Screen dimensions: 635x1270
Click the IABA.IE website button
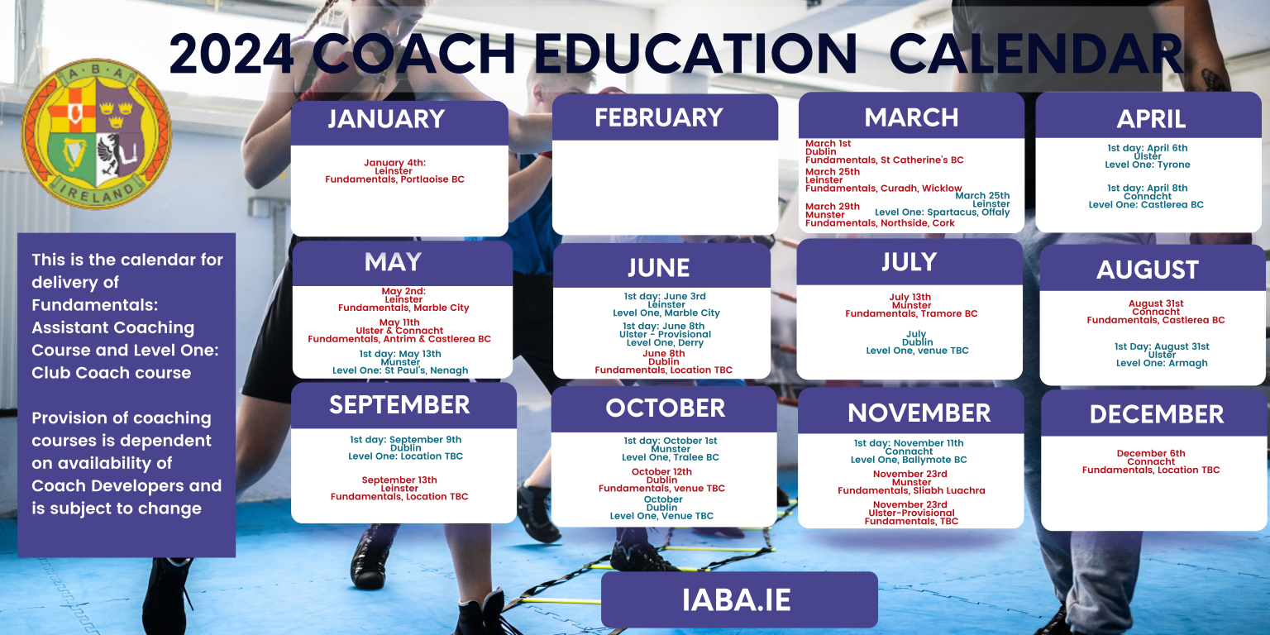(x=738, y=600)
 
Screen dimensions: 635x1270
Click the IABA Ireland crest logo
(x=97, y=146)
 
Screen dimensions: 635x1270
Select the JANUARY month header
(x=386, y=119)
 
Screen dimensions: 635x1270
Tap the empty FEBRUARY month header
(x=658, y=117)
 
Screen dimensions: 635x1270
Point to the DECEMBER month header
(x=1156, y=414)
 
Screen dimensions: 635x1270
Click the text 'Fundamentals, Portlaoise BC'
(x=394, y=179)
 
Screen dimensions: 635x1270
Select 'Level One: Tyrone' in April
(x=1148, y=165)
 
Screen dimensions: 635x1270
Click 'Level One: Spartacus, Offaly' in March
(x=942, y=212)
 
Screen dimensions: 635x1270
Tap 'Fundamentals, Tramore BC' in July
(x=911, y=313)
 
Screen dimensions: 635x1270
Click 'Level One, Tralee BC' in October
(x=670, y=457)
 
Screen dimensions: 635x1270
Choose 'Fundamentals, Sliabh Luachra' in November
(x=911, y=490)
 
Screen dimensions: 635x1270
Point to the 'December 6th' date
(x=1150, y=453)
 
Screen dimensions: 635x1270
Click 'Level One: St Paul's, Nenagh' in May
(x=400, y=370)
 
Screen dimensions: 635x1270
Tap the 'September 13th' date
(x=399, y=480)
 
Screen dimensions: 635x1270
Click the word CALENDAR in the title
(x=1035, y=55)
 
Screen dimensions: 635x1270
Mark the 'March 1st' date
(x=828, y=144)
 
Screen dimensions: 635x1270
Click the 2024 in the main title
(x=231, y=55)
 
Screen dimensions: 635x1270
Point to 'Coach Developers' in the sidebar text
(x=127, y=485)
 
